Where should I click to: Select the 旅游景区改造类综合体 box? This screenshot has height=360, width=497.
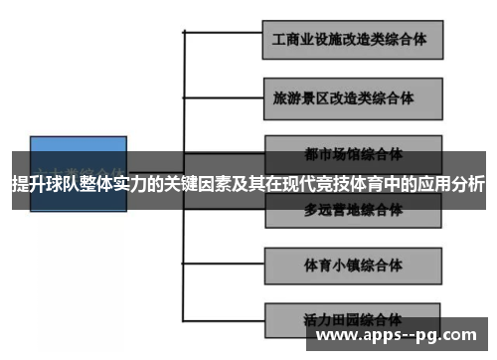(353, 98)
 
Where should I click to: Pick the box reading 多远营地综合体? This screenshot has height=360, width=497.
(353, 211)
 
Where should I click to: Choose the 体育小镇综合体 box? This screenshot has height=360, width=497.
(353, 266)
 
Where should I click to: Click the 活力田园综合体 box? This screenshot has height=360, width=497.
(353, 320)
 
